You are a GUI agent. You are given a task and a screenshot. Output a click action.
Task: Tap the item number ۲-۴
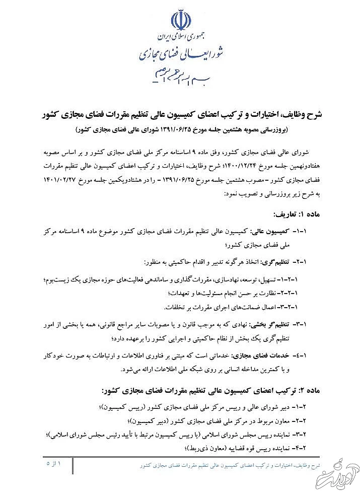pyautogui.click(x=314, y=448)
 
